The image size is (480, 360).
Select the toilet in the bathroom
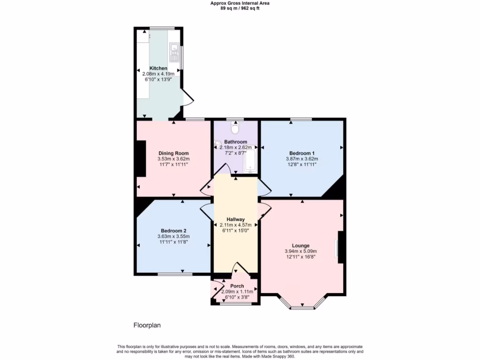235,127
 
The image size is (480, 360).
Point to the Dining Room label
173,153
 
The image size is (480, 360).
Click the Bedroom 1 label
301,153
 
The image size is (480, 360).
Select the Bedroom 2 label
173,231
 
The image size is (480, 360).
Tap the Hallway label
235,219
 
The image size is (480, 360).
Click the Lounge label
300,246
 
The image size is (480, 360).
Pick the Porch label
237,286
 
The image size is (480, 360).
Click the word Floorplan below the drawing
148,325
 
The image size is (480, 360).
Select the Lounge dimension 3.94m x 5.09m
300,251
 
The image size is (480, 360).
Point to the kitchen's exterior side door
187,97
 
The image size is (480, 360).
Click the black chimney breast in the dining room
141,159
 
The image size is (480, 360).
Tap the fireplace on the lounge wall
341,247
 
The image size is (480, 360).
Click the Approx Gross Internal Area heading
240,3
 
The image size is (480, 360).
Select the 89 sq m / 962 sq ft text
240,8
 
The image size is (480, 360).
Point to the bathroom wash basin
217,144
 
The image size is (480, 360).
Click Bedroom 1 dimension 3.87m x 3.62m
301,159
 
